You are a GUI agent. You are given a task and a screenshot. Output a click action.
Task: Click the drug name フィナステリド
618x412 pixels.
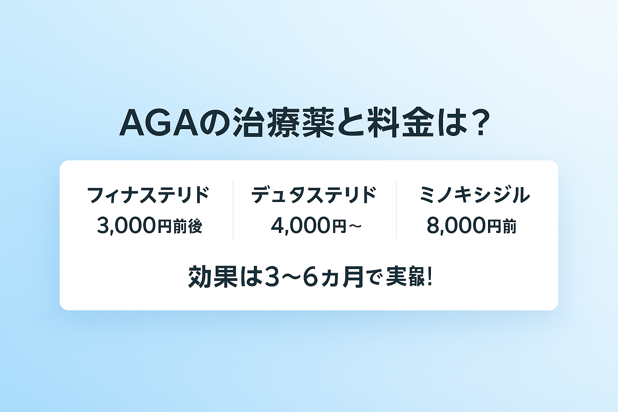[x=148, y=195]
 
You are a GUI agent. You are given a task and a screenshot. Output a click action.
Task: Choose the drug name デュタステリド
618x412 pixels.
[x=313, y=195]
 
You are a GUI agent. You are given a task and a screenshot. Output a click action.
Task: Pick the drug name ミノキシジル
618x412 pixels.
[x=474, y=195]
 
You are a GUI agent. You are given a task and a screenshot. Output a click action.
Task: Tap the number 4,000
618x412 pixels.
[x=300, y=226]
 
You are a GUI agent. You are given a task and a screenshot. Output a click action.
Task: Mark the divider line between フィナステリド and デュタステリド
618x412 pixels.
[x=233, y=209]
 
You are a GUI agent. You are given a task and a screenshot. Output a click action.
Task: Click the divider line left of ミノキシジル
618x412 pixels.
[x=396, y=209]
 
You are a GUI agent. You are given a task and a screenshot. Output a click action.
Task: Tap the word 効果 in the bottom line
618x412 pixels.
[x=213, y=277]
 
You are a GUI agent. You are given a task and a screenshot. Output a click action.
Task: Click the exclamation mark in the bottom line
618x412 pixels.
[x=429, y=277]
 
